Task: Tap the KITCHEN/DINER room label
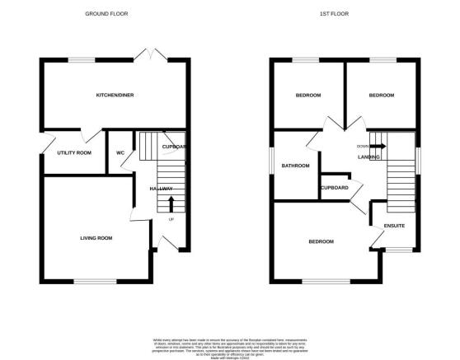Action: pos(115,96)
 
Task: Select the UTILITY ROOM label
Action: pos(74,153)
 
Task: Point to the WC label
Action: pos(120,153)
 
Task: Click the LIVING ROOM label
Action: pos(96,238)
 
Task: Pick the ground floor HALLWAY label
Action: pos(161,189)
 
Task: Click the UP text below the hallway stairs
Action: pos(171,219)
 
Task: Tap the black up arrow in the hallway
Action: pos(171,203)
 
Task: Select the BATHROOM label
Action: pos(295,166)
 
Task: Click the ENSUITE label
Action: pos(393,226)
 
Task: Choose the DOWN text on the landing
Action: pos(362,147)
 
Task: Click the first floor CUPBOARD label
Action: pos(334,188)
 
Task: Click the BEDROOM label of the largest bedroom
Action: pos(321,241)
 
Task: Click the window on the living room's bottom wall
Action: pos(87,283)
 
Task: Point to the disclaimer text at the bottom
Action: pos(230,345)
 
